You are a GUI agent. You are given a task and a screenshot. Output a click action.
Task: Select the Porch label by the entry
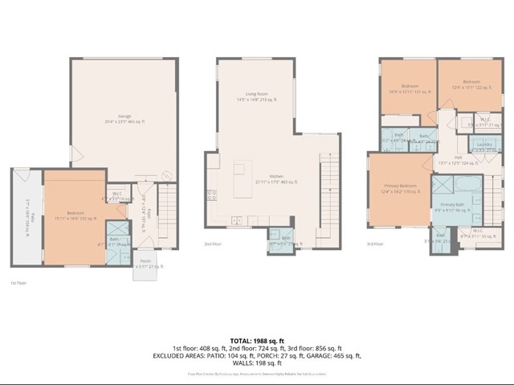146,264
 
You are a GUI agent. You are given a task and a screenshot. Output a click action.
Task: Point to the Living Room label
256,96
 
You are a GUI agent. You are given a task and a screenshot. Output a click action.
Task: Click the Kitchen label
276,178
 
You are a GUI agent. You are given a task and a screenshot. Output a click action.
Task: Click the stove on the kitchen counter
211,194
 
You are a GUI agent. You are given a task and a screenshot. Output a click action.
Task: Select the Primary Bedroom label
399,188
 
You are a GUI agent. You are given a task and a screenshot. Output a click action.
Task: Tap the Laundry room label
484,146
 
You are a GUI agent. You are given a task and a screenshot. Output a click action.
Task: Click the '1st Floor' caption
16,284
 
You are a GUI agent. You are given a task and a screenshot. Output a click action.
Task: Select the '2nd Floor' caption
212,244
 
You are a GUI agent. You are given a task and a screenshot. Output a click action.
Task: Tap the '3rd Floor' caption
374,244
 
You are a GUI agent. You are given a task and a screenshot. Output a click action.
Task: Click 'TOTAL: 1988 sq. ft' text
256,341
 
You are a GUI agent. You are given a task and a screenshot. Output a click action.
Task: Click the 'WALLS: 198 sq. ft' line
256,362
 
